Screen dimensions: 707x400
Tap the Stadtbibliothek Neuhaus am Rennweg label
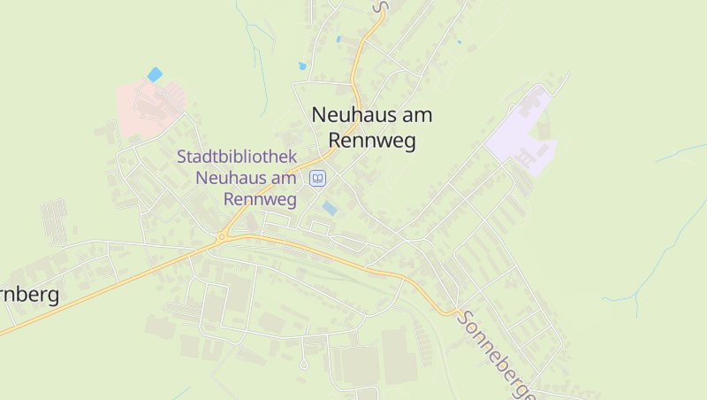(236, 177)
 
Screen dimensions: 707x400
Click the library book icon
(317, 179)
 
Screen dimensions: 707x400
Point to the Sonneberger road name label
(498, 354)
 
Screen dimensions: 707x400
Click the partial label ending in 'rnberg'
(28, 295)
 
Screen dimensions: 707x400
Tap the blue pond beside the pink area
(156, 74)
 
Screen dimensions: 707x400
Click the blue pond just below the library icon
(330, 208)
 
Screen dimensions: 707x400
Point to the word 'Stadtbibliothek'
(236, 157)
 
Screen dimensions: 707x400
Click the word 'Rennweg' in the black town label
(371, 140)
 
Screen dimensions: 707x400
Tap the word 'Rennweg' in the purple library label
(260, 198)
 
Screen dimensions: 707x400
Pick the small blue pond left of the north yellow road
(302, 65)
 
